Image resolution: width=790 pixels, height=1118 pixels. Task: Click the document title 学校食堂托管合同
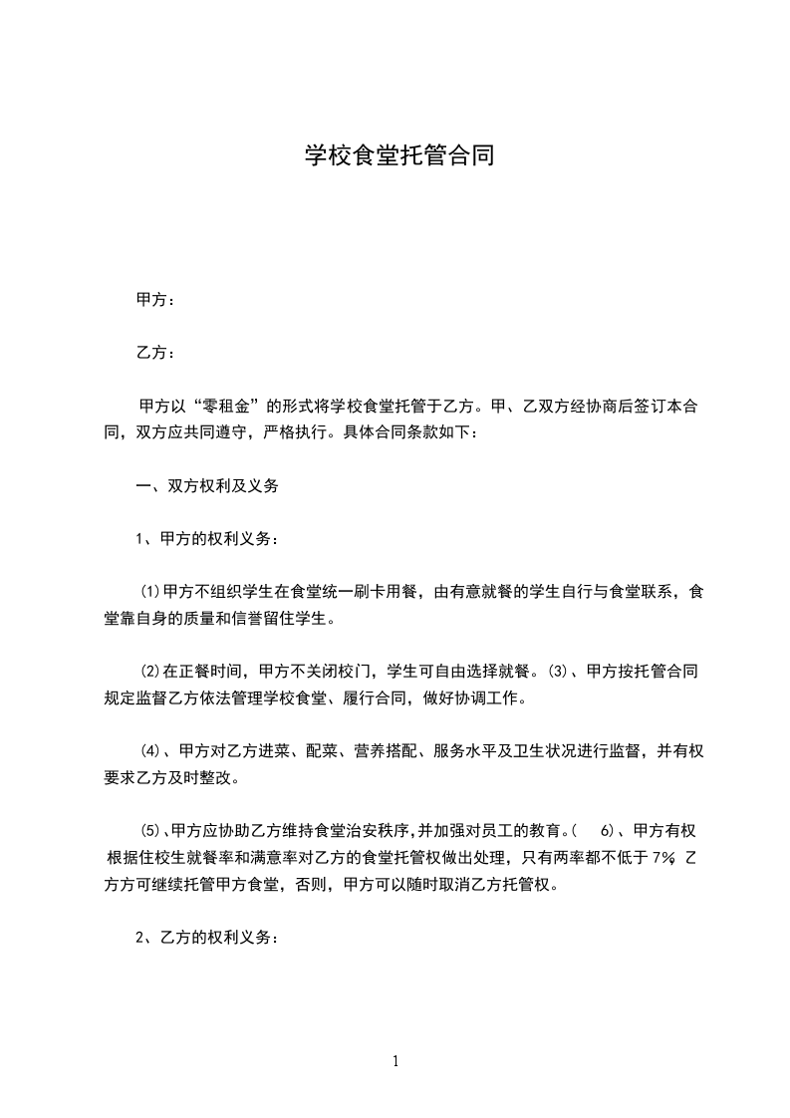tap(397, 156)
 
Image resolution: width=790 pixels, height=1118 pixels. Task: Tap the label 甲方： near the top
tap(156, 300)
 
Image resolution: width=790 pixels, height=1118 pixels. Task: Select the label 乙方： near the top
tap(156, 353)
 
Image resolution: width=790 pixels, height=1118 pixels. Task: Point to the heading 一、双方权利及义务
tap(207, 486)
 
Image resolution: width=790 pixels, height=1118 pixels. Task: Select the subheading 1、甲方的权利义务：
tap(207, 539)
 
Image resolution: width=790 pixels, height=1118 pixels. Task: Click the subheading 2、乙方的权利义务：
tap(207, 937)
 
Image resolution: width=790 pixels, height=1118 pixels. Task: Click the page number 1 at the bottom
tap(395, 1061)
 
